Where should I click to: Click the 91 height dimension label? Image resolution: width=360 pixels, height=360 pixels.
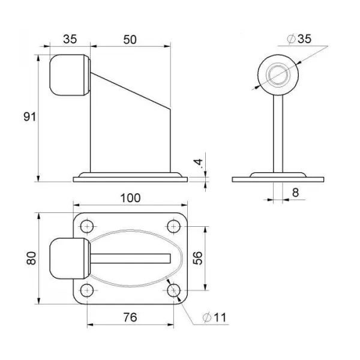point(30,117)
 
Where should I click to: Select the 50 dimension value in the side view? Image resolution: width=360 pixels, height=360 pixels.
point(130,40)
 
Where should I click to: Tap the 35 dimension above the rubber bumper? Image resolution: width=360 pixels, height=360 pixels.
point(70,39)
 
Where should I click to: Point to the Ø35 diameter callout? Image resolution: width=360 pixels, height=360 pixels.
point(299,38)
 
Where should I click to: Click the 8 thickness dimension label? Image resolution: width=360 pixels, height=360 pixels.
point(295,193)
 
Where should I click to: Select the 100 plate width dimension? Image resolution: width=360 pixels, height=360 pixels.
point(130,198)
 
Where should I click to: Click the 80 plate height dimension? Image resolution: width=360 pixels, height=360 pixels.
point(31,258)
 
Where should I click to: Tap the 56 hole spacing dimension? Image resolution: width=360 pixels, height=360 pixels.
point(197,258)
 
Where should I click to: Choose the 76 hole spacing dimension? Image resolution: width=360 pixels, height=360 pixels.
point(130,317)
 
